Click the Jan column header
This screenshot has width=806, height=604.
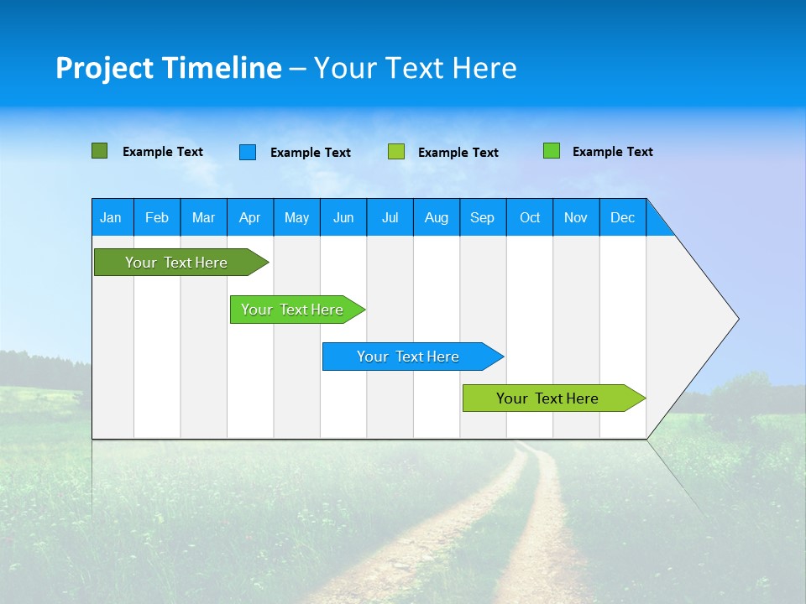pos(111,217)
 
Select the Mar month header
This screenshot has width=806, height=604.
pos(203,217)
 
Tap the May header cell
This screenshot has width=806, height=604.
pos(296,217)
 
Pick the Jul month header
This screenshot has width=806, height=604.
pos(390,217)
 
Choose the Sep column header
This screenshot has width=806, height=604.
pos(482,217)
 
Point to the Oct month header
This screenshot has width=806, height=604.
pos(530,217)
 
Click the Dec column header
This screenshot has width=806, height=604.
pos(622,217)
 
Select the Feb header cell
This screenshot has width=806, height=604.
pos(157,217)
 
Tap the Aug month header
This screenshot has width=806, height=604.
pos(436,217)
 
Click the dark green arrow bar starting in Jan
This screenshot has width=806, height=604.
pos(176,263)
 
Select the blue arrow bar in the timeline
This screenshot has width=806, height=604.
pos(408,357)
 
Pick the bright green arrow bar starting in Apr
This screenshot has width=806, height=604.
pos(292,310)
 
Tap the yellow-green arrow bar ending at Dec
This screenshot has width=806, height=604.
pos(547,398)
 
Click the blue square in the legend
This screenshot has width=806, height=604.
pos(248,152)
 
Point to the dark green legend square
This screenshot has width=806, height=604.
pos(99,151)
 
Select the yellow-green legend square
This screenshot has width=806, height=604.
pos(396,152)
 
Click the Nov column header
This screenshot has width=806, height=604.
pos(576,217)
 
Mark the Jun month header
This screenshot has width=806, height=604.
pos(343,217)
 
